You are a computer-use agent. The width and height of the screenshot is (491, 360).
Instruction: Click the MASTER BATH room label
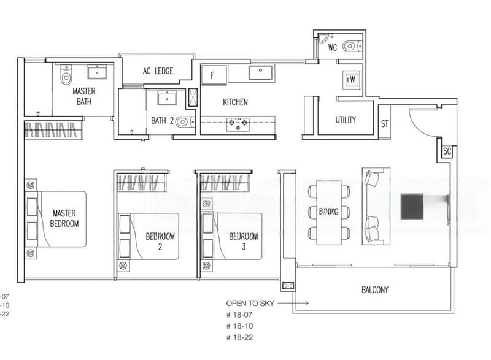[84, 96]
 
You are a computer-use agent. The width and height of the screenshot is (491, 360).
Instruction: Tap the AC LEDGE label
[158, 71]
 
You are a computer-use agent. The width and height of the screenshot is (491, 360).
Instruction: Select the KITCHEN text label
[235, 102]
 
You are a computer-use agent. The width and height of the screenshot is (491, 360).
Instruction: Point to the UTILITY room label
[345, 120]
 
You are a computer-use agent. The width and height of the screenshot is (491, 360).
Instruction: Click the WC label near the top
[333, 47]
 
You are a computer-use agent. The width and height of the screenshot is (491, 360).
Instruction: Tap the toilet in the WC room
[350, 45]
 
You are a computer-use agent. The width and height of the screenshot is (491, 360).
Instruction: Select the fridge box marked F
[212, 75]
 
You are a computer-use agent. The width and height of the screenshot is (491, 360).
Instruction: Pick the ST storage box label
[385, 123]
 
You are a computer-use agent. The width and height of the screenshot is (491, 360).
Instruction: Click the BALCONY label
[374, 289]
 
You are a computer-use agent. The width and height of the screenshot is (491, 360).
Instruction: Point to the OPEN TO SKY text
[249, 303]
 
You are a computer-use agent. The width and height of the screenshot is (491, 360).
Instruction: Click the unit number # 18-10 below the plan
[239, 325]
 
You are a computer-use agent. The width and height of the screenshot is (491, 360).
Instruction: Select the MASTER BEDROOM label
[64, 218]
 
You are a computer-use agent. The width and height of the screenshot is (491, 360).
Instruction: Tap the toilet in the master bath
[66, 75]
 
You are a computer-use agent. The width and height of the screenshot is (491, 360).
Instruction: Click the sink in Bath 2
[166, 98]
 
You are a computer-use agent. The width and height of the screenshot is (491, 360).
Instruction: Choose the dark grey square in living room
[411, 206]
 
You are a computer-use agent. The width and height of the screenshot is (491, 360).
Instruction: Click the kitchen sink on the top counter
[262, 72]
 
